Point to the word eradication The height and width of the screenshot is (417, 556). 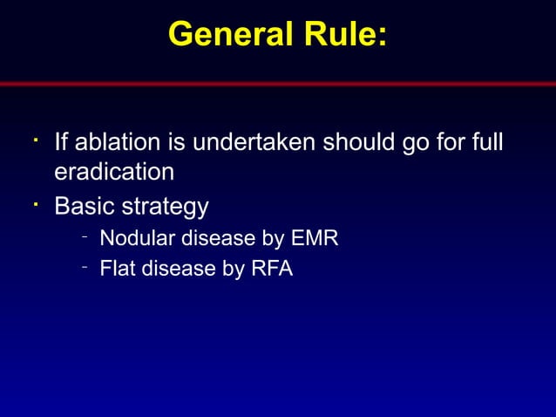(114, 172)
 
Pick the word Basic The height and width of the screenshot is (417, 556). (85, 207)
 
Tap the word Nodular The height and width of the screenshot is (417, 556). (136, 238)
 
